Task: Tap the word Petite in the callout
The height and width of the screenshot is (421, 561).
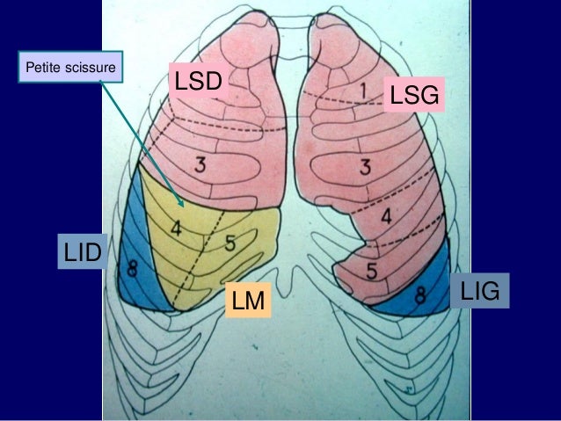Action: [41, 66]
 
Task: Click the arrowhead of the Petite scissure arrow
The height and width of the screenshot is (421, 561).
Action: [183, 201]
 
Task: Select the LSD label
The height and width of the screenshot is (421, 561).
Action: [199, 83]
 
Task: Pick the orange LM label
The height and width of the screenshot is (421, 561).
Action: [249, 301]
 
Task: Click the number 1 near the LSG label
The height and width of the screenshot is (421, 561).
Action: [361, 91]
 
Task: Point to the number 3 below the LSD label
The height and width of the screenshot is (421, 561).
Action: [200, 163]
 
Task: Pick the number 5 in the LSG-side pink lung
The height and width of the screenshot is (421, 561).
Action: [373, 266]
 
